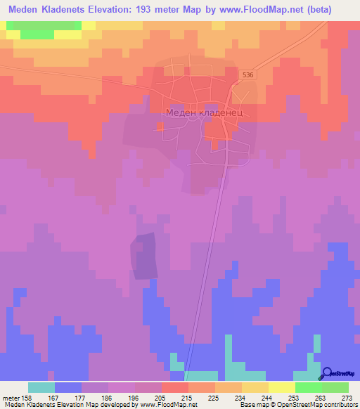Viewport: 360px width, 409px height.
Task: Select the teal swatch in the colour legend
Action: coord(41,387)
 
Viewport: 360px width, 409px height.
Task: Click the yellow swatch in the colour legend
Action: coord(281,387)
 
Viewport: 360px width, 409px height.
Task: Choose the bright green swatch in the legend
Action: coord(308,387)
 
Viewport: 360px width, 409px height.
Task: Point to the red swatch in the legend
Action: coord(174,387)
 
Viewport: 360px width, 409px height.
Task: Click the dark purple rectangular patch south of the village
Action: coord(143,256)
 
